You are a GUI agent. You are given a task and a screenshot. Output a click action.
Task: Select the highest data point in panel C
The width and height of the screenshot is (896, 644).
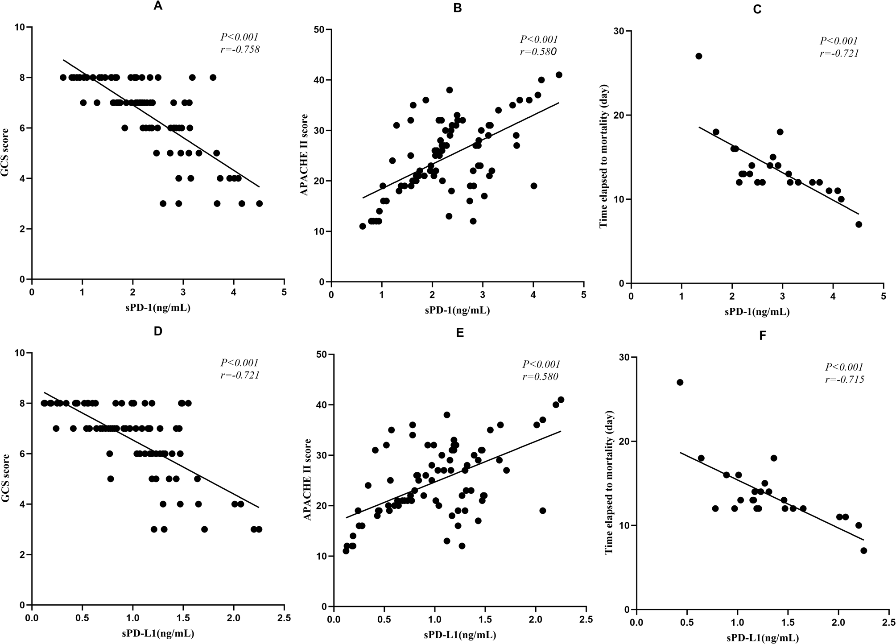point(698,56)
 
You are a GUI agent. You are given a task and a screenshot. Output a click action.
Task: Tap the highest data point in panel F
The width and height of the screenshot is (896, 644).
point(680,382)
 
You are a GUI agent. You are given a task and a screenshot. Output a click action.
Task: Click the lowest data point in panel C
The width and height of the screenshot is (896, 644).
point(859,224)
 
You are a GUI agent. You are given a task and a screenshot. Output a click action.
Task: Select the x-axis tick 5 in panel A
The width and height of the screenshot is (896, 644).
point(284,292)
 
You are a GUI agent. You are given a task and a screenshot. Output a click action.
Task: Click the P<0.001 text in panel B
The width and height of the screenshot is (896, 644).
point(539,39)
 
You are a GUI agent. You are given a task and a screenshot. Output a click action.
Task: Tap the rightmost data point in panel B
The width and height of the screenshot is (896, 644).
point(559,74)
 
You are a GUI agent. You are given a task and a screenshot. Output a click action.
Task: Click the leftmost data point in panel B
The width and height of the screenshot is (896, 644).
point(362,226)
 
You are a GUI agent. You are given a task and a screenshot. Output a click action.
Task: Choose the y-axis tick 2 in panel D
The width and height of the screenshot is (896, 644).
point(23,555)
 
